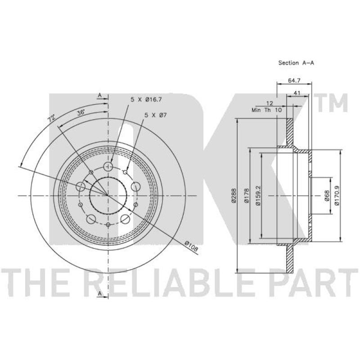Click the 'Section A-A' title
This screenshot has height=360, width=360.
[x=296, y=63]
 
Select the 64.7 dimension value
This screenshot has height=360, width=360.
[x=294, y=81]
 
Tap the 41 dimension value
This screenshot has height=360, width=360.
[x=297, y=93]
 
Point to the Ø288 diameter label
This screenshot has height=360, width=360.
[x=234, y=196]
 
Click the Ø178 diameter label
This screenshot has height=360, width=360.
[x=247, y=196]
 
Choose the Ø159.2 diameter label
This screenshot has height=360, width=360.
[x=258, y=196]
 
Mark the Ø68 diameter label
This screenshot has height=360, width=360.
[x=327, y=196]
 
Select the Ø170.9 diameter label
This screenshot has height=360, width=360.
[x=337, y=196]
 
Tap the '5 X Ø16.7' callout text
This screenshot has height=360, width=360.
[x=146, y=99]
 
